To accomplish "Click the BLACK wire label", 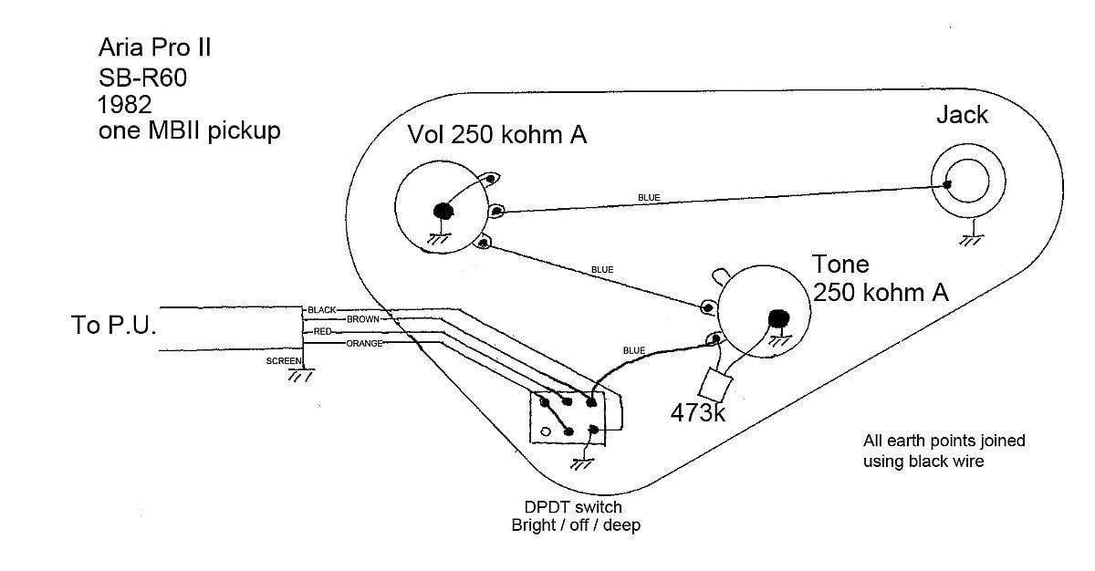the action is click(321, 310).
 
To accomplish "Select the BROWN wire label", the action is click(363, 319).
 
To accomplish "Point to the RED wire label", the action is click(322, 332).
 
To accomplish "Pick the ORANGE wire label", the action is click(364, 343).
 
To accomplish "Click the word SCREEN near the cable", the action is click(284, 361).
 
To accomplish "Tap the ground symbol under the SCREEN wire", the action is click(300, 375).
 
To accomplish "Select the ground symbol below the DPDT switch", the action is click(582, 463).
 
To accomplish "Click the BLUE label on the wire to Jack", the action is click(649, 197).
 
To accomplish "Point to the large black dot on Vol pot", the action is click(443, 211).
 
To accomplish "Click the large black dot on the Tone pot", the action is click(778, 318).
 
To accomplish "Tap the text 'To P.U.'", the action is click(113, 325).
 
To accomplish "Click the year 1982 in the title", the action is click(125, 105).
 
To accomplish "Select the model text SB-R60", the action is click(142, 78).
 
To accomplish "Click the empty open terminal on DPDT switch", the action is click(545, 431).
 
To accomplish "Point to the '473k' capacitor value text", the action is click(697, 413).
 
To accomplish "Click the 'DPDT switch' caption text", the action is click(573, 507).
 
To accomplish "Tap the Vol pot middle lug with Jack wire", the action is click(496, 211).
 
